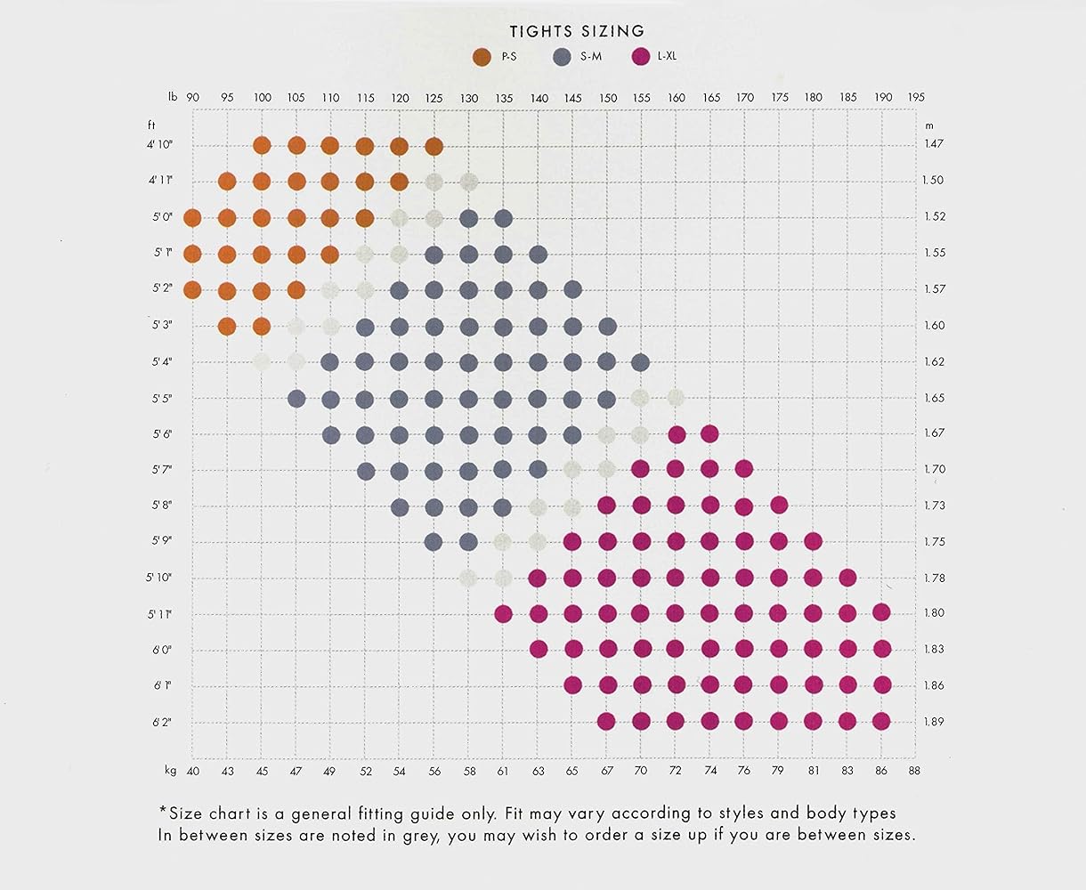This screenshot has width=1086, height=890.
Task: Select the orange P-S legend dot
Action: (482, 58)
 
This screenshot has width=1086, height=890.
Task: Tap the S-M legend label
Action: (591, 58)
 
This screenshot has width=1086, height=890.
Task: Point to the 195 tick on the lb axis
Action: (916, 98)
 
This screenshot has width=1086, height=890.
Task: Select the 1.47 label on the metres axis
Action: (933, 144)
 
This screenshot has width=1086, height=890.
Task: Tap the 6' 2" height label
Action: (161, 722)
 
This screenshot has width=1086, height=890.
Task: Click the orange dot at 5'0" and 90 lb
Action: (192, 217)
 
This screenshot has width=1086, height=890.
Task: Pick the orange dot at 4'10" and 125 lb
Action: (434, 146)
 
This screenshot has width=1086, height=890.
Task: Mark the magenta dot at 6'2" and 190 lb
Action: (881, 721)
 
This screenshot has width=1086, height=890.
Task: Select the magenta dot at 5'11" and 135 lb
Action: (503, 613)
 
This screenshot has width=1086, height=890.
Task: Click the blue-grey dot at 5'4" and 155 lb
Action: (640, 361)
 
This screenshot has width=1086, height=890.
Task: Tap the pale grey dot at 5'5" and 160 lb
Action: (675, 397)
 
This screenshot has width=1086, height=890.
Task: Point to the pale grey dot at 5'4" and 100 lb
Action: (262, 361)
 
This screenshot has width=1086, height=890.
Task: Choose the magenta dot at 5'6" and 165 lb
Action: (709, 433)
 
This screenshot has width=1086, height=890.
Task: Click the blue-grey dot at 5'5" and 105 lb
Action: (296, 397)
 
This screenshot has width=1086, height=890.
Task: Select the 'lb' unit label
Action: (173, 98)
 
